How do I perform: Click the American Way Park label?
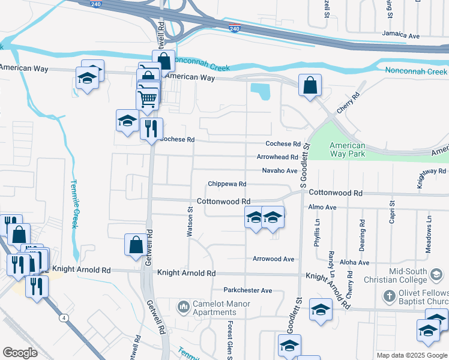[348, 150]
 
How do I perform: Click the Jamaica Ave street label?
[402, 35]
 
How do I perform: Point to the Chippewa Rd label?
[227, 184]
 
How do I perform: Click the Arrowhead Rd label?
[277, 157]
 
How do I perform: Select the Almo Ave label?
[323, 207]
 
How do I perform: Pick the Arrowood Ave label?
[273, 259]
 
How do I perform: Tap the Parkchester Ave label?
[248, 290]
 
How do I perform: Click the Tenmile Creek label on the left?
[75, 204]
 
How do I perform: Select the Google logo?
[20, 353]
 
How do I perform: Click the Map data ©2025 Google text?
[412, 355]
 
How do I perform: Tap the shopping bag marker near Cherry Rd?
[310, 85]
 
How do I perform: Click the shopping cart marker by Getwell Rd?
[147, 97]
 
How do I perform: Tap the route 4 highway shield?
[62, 317]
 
